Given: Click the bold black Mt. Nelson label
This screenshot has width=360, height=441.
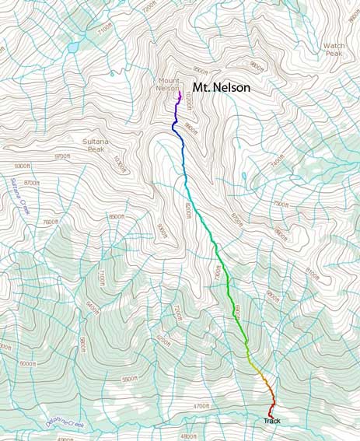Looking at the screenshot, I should (221, 89).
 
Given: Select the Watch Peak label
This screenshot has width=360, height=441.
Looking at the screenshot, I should (334, 50).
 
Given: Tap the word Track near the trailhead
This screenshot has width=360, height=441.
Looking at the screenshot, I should (271, 421).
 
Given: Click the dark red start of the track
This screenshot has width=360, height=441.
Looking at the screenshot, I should (271, 412).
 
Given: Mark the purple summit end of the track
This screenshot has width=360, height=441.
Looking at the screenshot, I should (180, 93).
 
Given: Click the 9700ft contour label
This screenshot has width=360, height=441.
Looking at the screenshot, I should (61, 156).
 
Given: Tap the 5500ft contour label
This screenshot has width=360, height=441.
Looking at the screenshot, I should (134, 380).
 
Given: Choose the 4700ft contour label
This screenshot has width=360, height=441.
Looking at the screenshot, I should (201, 405).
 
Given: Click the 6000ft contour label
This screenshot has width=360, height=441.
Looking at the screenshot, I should (27, 363).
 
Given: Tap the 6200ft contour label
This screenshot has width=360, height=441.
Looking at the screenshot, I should (163, 340).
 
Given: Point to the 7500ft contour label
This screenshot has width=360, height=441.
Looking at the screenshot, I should (279, 205).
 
